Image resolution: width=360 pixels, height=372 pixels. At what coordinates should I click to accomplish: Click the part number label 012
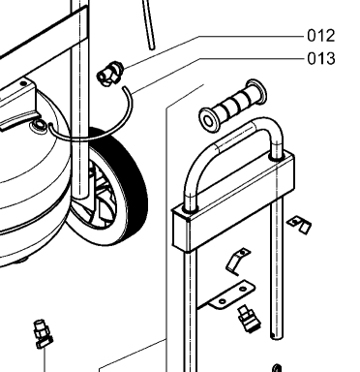[x=321, y=36]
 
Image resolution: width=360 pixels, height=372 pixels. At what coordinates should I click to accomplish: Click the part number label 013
[x=321, y=59]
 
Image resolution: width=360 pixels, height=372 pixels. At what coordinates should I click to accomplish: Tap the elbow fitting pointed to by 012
[x=110, y=74]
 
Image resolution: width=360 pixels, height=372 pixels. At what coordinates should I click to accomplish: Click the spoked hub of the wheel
[x=104, y=201]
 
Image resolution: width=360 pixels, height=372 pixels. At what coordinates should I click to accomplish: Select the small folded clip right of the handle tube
[x=299, y=224]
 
